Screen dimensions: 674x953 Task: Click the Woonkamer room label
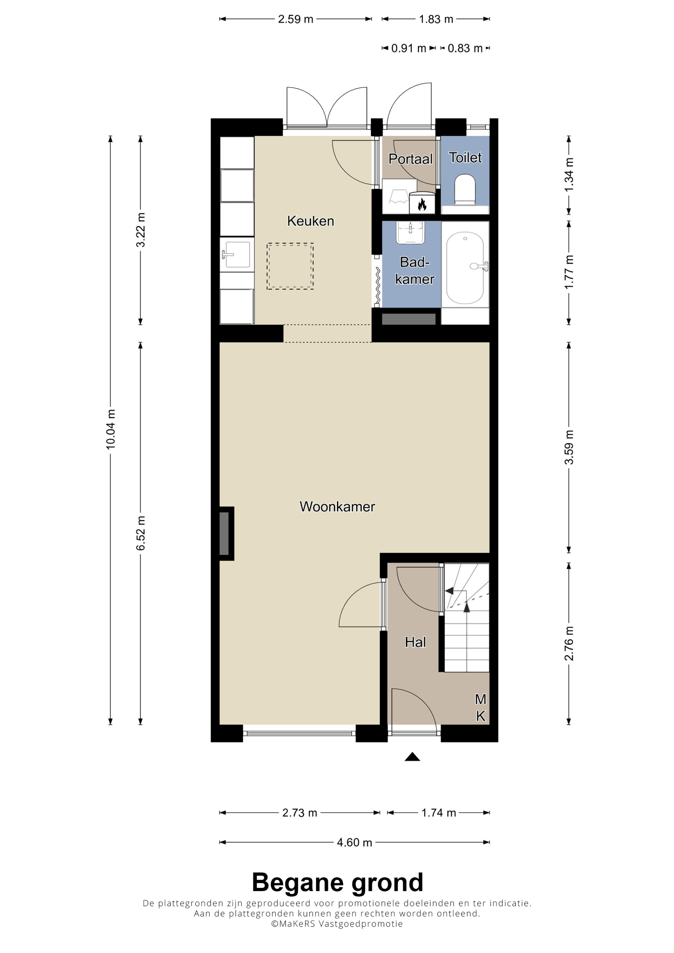pos(337,506)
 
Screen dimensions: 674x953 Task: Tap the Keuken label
pos(311,221)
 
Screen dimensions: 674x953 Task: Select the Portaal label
pos(410,159)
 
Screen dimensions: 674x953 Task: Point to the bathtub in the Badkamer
pos(465,268)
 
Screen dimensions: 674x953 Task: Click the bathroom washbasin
pos(411,232)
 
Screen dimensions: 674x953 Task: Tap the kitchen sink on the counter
pos(237,254)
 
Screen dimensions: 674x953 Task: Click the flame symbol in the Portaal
pos(422,204)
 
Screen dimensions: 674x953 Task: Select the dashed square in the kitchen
pos(290,266)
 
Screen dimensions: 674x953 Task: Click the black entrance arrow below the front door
pos(412,757)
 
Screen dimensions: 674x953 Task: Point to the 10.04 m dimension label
pos(111,429)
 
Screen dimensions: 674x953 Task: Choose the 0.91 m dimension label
pos(409,48)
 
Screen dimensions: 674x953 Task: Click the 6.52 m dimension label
pos(141,533)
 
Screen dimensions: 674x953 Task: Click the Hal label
pos(415,642)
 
